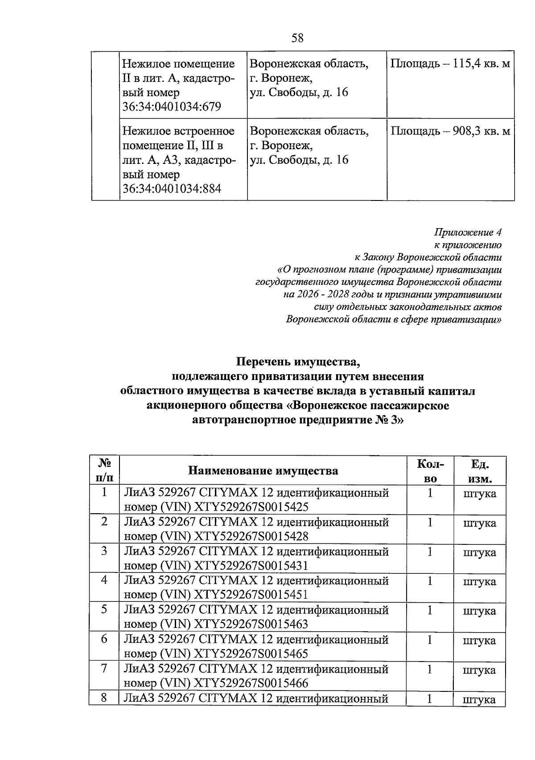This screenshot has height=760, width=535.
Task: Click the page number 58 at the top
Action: point(297,38)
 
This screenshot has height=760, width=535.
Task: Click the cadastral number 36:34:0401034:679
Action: point(172,107)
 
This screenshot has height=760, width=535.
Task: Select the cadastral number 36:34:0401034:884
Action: point(172,189)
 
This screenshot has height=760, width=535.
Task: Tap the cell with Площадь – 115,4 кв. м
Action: point(450,64)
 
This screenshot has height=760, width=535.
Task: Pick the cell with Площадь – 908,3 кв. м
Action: point(450,131)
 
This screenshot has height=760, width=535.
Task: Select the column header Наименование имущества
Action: point(263,471)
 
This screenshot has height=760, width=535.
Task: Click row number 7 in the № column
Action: point(104,669)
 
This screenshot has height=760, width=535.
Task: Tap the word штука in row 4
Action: point(480,582)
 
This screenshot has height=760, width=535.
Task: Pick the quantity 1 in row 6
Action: point(430,640)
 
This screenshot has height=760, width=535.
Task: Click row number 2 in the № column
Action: point(104,522)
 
